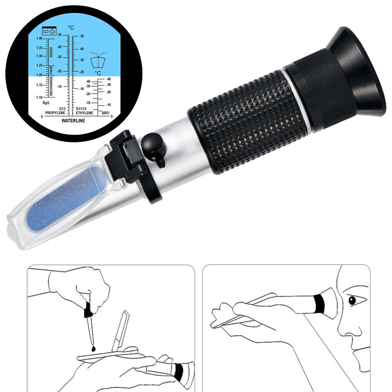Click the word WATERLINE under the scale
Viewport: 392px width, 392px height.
(73, 121)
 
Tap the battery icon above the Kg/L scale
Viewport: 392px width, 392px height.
(49, 31)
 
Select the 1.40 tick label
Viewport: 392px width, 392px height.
(39, 38)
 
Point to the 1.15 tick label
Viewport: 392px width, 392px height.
(39, 85)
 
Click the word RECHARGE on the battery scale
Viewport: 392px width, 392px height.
(51, 86)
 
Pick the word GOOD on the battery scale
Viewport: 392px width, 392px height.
(51, 53)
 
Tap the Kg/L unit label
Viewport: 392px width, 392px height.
(47, 103)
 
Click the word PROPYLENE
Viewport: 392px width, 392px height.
(55, 113)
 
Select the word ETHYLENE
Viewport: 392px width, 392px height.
(85, 113)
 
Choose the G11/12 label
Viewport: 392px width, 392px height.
(81, 109)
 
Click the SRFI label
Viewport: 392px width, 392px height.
(105, 113)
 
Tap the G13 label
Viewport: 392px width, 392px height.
(62, 109)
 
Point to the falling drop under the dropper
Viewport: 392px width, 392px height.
(93, 348)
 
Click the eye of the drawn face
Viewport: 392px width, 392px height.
(352, 301)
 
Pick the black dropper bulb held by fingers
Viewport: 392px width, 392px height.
(88, 312)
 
